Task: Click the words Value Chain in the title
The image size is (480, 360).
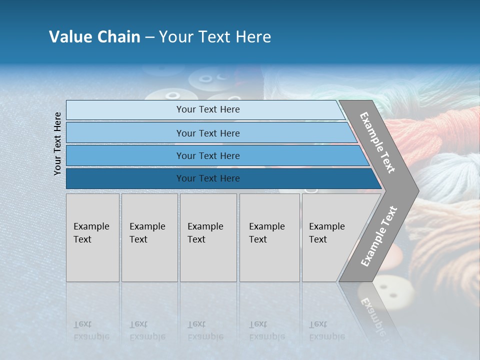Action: point(94,37)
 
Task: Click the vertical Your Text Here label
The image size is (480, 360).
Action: point(57,144)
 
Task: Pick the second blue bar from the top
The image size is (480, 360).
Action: point(208,133)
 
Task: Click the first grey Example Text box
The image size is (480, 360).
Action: point(92,237)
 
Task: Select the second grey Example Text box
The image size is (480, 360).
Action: point(149,237)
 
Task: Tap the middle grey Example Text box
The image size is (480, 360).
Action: point(208,237)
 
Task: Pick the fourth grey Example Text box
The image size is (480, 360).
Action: point(269,237)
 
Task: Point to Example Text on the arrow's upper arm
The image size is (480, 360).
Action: point(377,143)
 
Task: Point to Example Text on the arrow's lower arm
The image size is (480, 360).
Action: point(379,236)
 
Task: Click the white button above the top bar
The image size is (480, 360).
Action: point(172,94)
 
